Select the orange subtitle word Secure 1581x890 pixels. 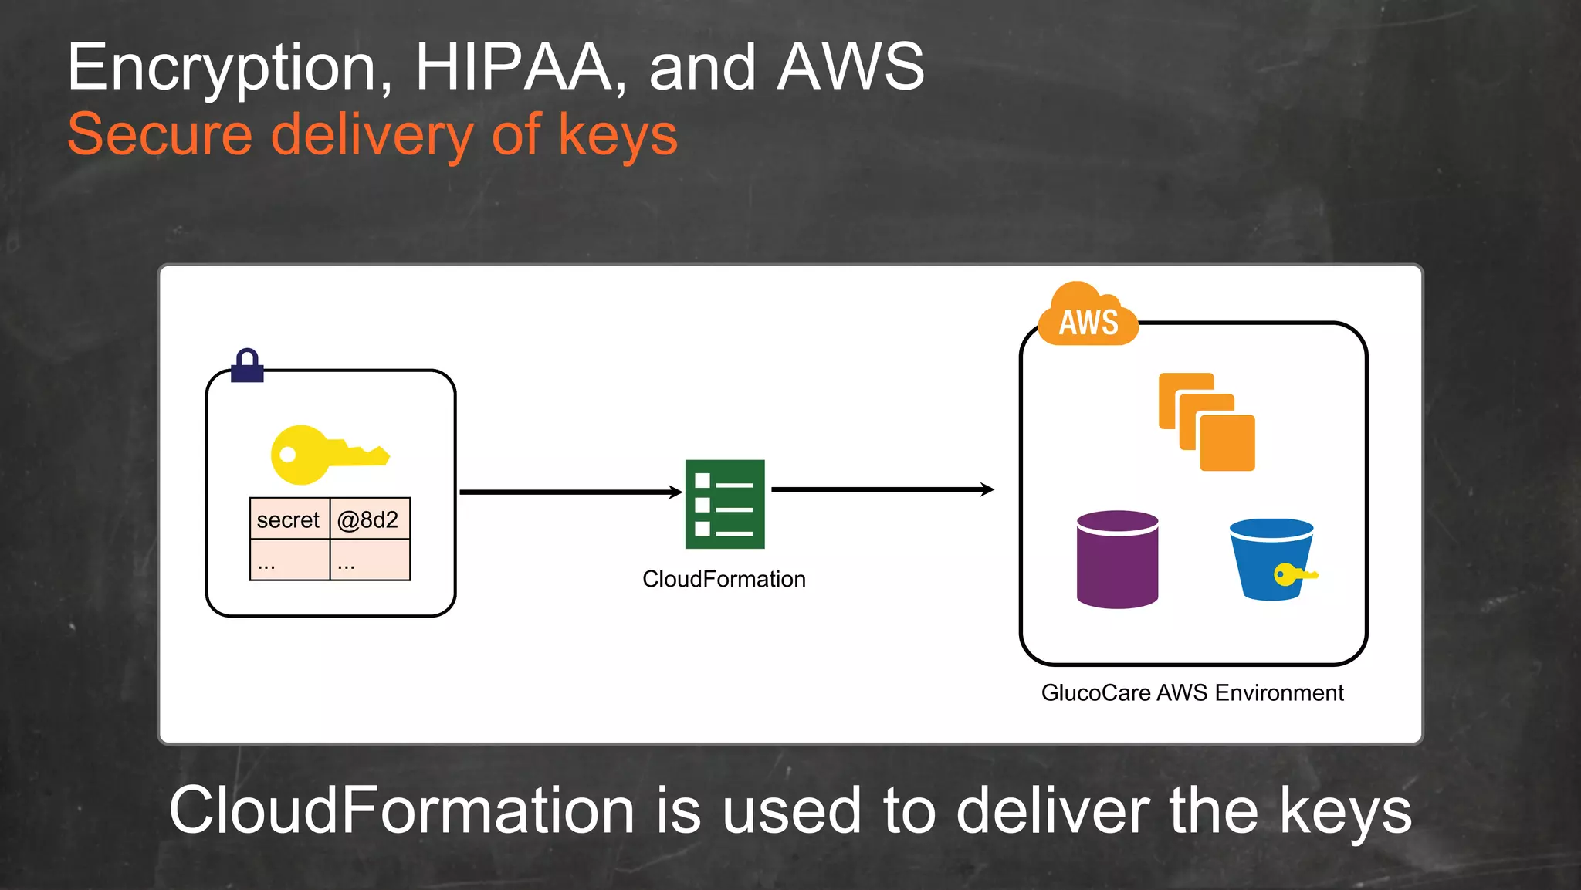(160, 135)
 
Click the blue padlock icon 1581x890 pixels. (247, 366)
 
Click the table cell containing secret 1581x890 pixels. (289, 519)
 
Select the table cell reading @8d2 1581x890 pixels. (369, 519)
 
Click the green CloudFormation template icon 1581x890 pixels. (725, 504)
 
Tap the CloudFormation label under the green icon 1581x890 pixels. (723, 579)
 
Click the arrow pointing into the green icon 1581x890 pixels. (570, 492)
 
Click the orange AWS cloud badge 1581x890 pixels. (1088, 316)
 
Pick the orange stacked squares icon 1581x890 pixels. (1207, 421)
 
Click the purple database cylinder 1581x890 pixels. (1117, 559)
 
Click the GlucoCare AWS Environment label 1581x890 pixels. (1192, 693)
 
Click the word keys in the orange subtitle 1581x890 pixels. (618, 135)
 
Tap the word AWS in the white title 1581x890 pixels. (850, 68)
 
